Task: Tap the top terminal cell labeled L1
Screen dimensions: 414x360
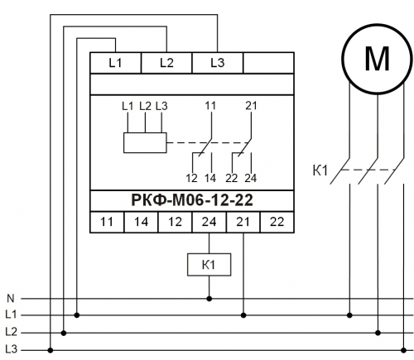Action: (115, 63)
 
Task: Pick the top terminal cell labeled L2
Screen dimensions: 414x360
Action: (166, 63)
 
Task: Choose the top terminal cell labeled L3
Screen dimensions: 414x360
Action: (218, 63)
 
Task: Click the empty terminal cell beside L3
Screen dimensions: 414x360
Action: (268, 63)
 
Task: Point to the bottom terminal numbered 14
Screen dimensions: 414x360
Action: (141, 222)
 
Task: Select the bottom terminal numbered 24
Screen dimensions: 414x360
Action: (209, 222)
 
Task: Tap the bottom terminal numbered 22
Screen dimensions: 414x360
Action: (277, 222)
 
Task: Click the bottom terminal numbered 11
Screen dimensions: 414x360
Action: (107, 222)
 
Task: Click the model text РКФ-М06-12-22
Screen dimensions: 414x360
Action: (192, 200)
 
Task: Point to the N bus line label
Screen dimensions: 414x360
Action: (10, 298)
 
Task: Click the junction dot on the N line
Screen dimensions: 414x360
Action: (209, 299)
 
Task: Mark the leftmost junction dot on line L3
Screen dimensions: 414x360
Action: (51, 350)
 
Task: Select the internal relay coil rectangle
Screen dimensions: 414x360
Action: (145, 142)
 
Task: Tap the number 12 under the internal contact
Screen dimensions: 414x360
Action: (191, 179)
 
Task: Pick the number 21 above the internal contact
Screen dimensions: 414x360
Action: (251, 106)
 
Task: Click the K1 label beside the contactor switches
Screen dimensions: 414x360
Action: (320, 170)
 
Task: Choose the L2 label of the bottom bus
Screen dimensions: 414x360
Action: (11, 332)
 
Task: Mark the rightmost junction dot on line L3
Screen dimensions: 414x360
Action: (403, 350)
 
